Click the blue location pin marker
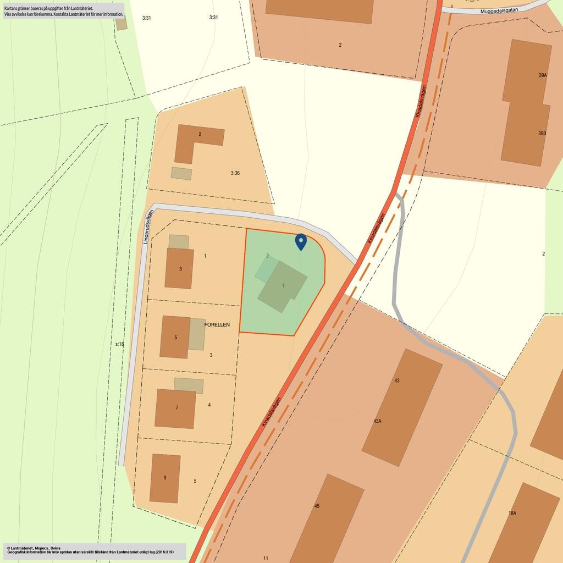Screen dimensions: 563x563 point(301,241)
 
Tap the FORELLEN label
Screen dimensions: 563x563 point(217,325)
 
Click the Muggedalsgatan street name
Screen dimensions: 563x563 point(499,10)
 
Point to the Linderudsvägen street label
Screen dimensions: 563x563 point(146,228)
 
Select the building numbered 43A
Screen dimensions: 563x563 point(401,407)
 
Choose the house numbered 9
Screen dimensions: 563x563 point(165,478)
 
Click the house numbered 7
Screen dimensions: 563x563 point(175,409)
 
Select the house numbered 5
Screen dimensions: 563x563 point(175,337)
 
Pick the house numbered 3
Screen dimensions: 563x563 point(179,268)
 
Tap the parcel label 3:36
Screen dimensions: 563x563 point(235,173)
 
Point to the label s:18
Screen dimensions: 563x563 point(119,344)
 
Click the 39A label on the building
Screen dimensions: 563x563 point(543,75)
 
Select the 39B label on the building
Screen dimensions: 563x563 point(542,133)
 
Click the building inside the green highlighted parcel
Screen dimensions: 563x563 point(283,286)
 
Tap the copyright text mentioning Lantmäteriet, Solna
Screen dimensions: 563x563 point(33,548)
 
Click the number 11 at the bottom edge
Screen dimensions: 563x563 point(266,558)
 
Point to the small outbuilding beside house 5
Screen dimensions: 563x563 point(197,334)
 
